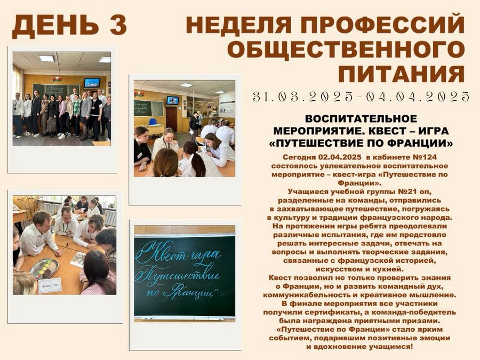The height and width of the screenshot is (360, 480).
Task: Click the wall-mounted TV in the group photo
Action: [92, 83]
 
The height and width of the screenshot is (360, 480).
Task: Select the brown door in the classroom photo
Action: [172, 119]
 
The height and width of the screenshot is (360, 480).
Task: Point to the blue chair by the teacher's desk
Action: [153, 122]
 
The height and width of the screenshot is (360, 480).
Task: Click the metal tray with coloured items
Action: [44, 268]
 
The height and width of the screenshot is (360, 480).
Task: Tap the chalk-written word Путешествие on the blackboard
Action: [178, 276]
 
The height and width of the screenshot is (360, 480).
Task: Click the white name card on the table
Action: [50, 286]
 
